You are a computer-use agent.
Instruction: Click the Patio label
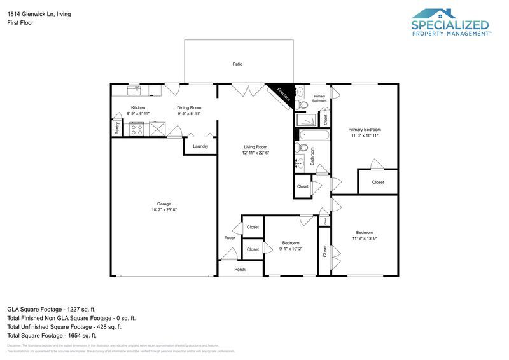point(237,64)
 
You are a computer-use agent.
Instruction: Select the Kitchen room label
point(138,107)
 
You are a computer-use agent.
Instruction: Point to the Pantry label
point(118,128)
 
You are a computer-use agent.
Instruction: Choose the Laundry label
point(200,146)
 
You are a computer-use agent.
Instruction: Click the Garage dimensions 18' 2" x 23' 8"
point(164,210)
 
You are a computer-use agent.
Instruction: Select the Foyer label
point(230,238)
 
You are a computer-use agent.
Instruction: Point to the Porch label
point(240,269)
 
